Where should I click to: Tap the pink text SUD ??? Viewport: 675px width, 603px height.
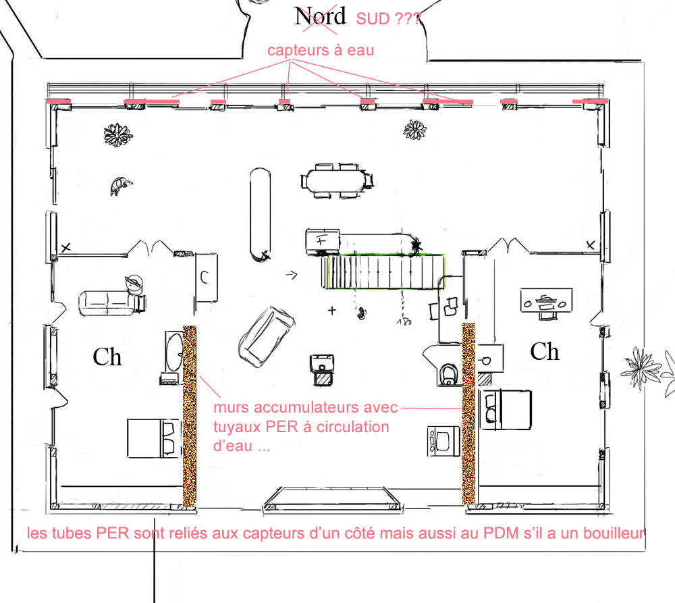pyautogui.click(x=388, y=19)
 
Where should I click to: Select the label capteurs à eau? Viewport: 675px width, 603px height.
pyautogui.click(x=321, y=51)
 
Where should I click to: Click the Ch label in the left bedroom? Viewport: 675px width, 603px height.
pyautogui.click(x=107, y=357)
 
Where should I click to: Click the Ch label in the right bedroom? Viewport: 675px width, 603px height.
pyautogui.click(x=545, y=351)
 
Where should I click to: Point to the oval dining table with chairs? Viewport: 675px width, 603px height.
pyautogui.click(x=337, y=181)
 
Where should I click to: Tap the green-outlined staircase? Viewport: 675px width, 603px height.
pyautogui.click(x=386, y=271)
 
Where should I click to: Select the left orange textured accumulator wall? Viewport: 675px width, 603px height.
pyautogui.click(x=190, y=416)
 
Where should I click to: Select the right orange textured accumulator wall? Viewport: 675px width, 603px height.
pyautogui.click(x=469, y=413)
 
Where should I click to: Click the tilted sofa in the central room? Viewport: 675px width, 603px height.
pyautogui.click(x=267, y=337)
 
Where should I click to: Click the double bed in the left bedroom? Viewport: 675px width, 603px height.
pyautogui.click(x=153, y=438)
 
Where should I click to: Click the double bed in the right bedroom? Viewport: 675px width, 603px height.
pyautogui.click(x=506, y=410)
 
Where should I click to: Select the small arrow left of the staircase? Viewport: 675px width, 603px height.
pyautogui.click(x=292, y=275)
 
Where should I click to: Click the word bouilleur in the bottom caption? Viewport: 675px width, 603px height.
pyautogui.click(x=614, y=533)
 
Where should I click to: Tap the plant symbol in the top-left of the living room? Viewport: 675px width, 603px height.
pyautogui.click(x=118, y=134)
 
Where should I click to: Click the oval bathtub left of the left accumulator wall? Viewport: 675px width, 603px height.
pyautogui.click(x=174, y=352)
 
